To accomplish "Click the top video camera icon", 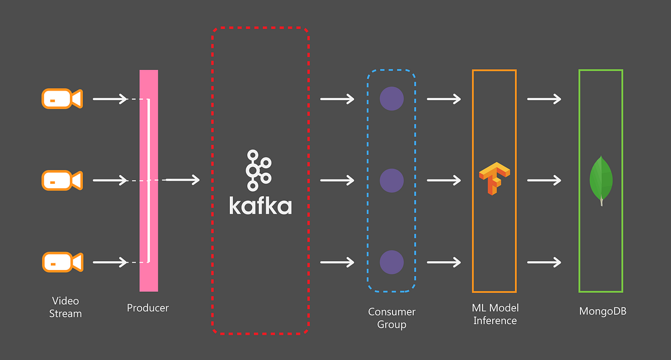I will click(x=62, y=99).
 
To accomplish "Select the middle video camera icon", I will click(x=62, y=181).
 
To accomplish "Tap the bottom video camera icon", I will click(x=62, y=262).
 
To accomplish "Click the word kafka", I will click(x=260, y=205).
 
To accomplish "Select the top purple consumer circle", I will click(x=391, y=99).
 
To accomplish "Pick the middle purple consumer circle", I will click(x=391, y=181).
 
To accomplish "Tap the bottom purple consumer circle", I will click(x=391, y=262).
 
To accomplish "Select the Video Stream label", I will click(x=65, y=307).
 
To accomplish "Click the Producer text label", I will click(x=148, y=307).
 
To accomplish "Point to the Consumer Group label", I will click(x=391, y=318).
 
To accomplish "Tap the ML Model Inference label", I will click(x=495, y=314).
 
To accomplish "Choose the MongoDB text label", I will click(x=603, y=311).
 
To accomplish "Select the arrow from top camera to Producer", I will click(x=110, y=99).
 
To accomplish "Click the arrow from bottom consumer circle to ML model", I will click(x=444, y=262).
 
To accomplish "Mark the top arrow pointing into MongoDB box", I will click(x=544, y=99).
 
